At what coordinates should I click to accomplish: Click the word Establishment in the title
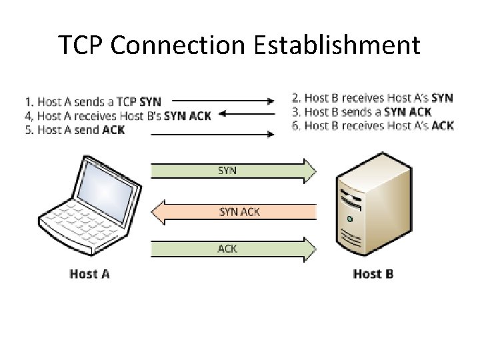[x=337, y=45]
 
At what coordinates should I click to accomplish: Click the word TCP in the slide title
[x=80, y=45]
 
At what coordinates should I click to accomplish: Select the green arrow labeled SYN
[x=233, y=171]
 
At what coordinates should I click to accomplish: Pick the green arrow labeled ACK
[x=233, y=249]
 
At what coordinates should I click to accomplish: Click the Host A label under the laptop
[x=89, y=274]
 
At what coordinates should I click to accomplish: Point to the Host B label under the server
[x=373, y=274]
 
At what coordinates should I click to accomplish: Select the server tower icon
[x=363, y=207]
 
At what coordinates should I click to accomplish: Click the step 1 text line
[x=93, y=102]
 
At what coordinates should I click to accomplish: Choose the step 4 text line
[x=117, y=116]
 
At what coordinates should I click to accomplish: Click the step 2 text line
[x=372, y=98]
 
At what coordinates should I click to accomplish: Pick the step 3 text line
[x=361, y=112]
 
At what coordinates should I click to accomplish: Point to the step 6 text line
[x=373, y=125]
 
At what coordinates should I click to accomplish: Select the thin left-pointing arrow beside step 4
[x=247, y=115]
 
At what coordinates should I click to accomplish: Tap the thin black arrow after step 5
[x=213, y=134]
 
